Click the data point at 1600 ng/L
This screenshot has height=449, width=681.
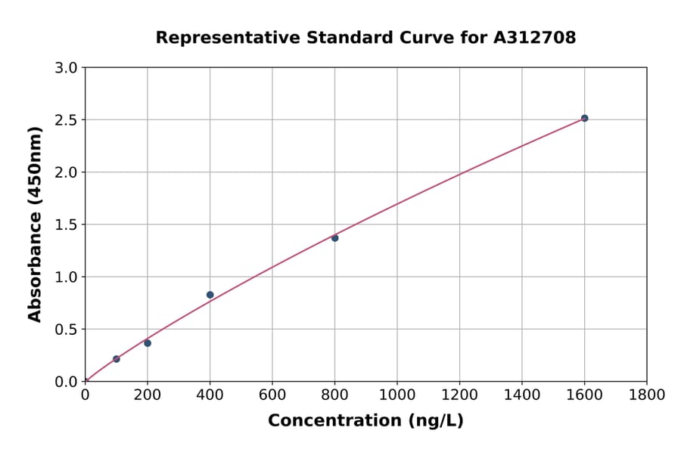584,118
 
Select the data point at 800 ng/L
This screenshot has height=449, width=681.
334,238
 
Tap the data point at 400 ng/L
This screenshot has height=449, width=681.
210,295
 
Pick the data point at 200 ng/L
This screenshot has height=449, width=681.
148,343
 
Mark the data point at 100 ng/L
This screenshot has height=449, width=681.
116,359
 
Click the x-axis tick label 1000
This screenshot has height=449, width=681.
396,395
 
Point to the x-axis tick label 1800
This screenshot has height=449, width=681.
646,395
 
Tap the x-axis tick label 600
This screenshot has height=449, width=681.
272,395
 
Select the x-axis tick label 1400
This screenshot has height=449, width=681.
521,395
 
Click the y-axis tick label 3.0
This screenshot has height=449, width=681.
67,68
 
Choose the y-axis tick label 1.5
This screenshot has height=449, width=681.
67,224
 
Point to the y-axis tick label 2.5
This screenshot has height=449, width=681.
67,120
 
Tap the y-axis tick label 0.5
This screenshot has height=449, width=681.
67,330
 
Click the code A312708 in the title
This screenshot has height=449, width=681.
536,38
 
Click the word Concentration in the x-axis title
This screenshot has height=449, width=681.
335,421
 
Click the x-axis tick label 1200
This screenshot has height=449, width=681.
459,395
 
